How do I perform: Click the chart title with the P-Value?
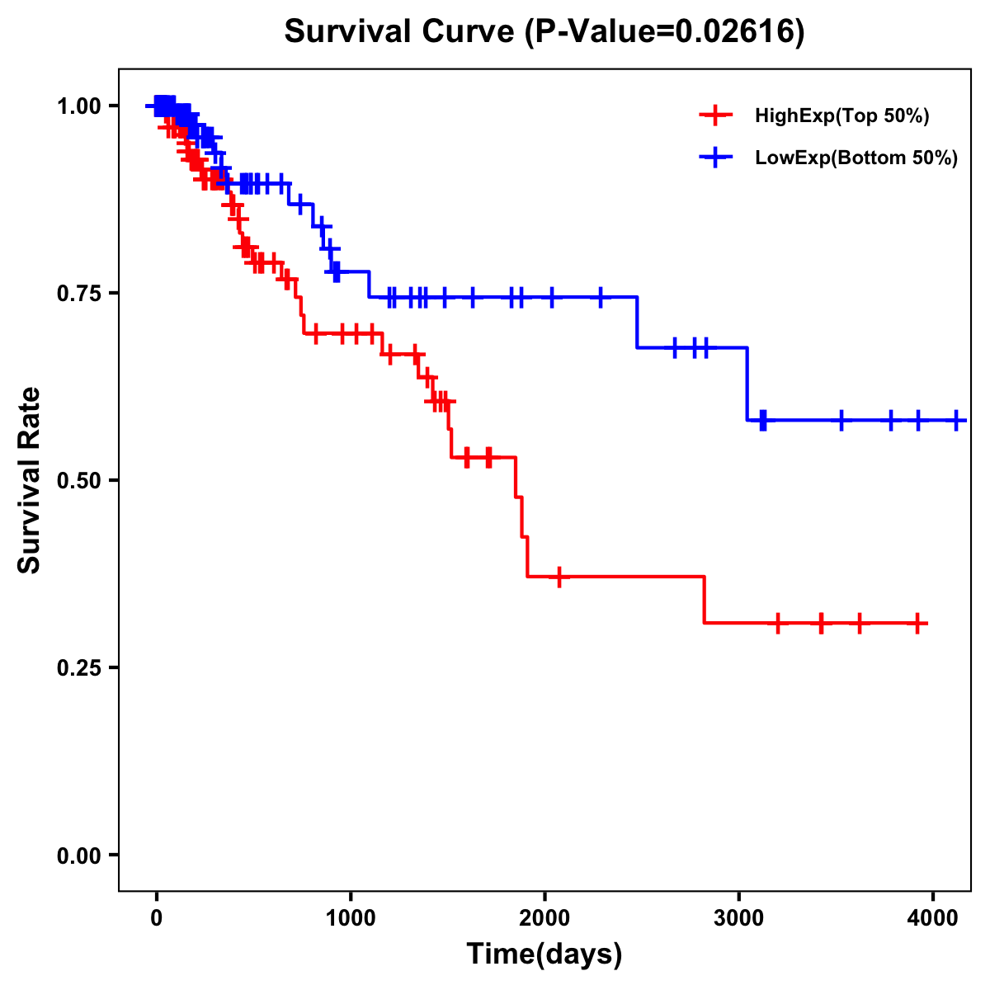coord(544,31)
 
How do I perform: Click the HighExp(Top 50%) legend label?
coord(841,115)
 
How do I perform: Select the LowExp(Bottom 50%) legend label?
coord(856,158)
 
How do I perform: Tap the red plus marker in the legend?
coord(715,115)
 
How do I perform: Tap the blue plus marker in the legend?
coord(715,158)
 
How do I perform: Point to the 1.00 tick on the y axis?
coord(78,106)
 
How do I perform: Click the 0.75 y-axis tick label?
coord(78,293)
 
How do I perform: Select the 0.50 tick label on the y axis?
coord(78,480)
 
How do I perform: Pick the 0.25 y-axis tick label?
coord(78,667)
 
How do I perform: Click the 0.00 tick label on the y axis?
coord(78,856)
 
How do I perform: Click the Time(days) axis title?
coord(544,955)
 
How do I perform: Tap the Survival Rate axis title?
coord(30,480)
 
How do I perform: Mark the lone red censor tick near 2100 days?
coord(559,577)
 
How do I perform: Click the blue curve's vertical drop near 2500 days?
coord(637,323)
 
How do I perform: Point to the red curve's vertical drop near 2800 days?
coord(704,600)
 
